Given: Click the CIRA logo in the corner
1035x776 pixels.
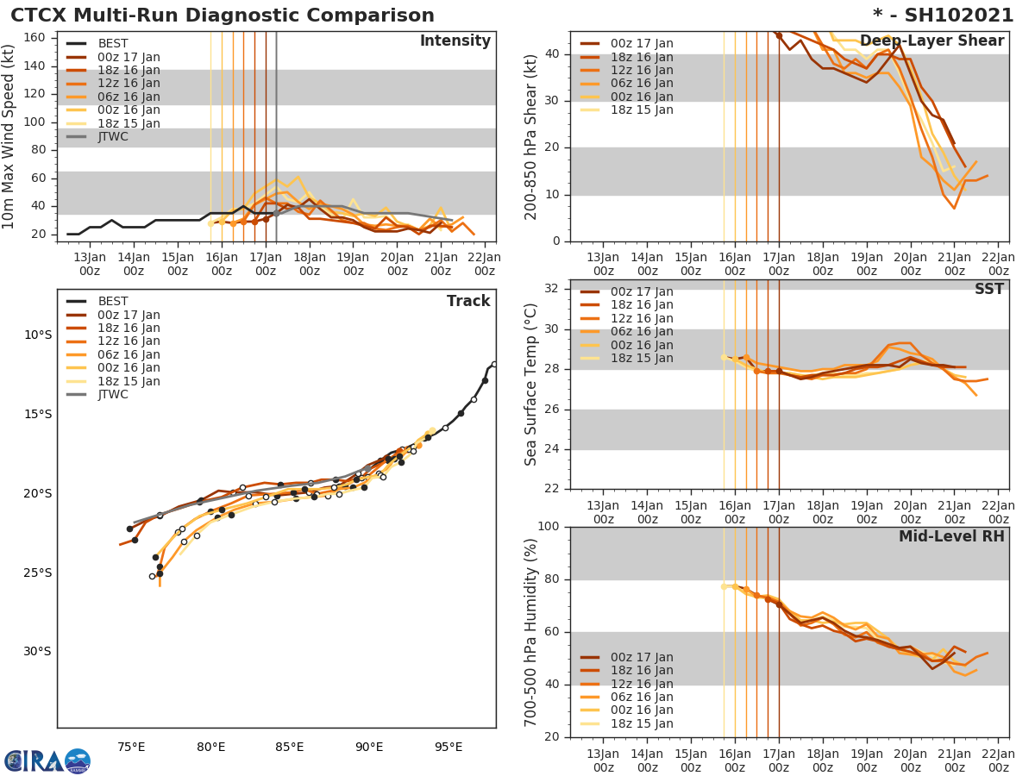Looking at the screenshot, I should [47, 760].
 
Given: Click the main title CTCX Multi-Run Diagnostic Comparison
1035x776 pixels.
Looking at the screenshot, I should [223, 16].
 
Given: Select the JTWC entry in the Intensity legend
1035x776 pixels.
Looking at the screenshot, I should [112, 136].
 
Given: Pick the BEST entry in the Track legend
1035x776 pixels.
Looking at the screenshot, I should [112, 301].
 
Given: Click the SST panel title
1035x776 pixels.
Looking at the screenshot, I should [988, 289].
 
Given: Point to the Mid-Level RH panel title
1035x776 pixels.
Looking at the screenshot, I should [951, 536].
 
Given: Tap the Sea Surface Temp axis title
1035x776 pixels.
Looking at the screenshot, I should [531, 384].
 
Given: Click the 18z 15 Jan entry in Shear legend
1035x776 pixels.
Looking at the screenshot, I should [642, 110].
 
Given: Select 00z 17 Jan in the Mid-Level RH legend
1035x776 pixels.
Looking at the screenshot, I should [642, 657].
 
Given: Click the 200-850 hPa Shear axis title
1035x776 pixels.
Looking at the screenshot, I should [531, 136].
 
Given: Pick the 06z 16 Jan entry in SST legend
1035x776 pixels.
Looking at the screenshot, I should [642, 331].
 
